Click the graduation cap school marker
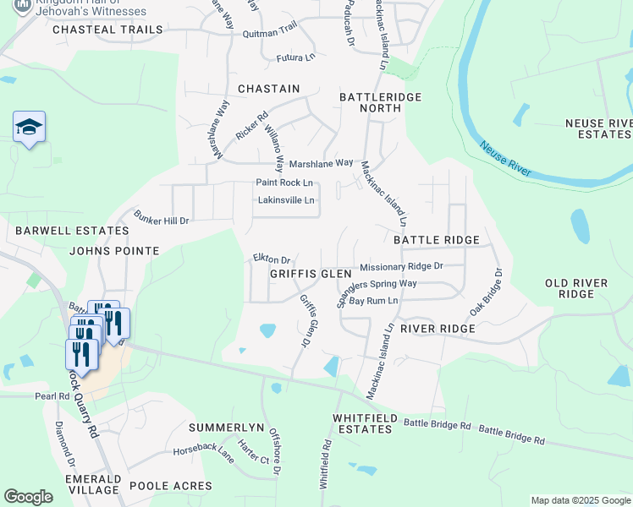coord(29,128)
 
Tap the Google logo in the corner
coord(28,497)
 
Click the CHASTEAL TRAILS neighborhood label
coord(107,30)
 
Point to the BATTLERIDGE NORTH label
coord(380,103)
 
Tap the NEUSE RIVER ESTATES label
coord(598,128)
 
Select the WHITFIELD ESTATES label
coord(363,423)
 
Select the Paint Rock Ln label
coord(284,183)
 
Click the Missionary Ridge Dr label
coord(401,266)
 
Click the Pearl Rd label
coord(51,395)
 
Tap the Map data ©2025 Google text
coord(580,500)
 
